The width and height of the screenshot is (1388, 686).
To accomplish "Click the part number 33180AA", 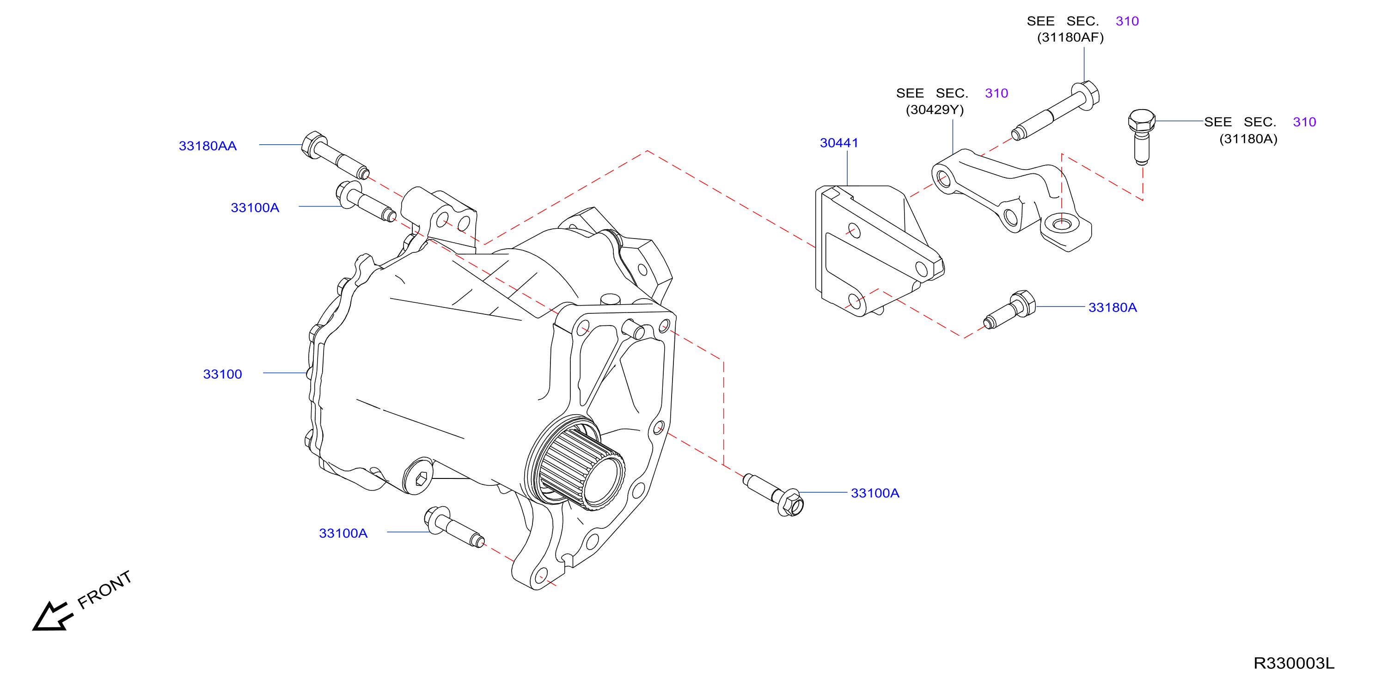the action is [208, 146].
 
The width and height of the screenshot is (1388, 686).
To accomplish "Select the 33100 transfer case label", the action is [222, 374].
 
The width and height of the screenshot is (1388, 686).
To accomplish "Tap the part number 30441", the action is [839, 143].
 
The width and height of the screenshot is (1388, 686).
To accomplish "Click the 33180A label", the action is [1113, 307].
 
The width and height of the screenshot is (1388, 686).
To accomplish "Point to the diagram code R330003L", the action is [1294, 663].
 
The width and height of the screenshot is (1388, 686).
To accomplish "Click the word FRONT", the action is [104, 589].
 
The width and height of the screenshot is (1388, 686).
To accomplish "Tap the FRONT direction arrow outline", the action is [52, 616].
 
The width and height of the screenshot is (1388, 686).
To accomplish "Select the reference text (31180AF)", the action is [1070, 37].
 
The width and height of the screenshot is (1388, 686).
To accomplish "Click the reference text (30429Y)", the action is [935, 110].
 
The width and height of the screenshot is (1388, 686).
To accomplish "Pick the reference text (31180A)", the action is [1248, 139].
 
